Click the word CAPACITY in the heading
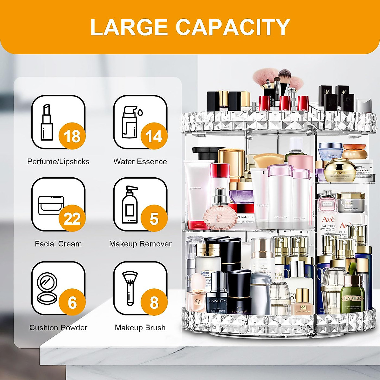(x=233, y=27)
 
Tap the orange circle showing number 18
(x=72, y=136)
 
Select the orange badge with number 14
(x=154, y=136)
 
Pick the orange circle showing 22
(x=72, y=218)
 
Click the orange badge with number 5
(x=154, y=218)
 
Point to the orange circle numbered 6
(x=72, y=302)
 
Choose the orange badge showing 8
(x=154, y=302)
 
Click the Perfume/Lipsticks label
(x=58, y=161)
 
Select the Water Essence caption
(x=140, y=161)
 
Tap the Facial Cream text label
(x=58, y=244)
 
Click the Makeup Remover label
(x=140, y=244)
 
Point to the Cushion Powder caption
(x=58, y=327)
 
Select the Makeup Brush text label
(x=140, y=327)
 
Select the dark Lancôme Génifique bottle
(x=217, y=294)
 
